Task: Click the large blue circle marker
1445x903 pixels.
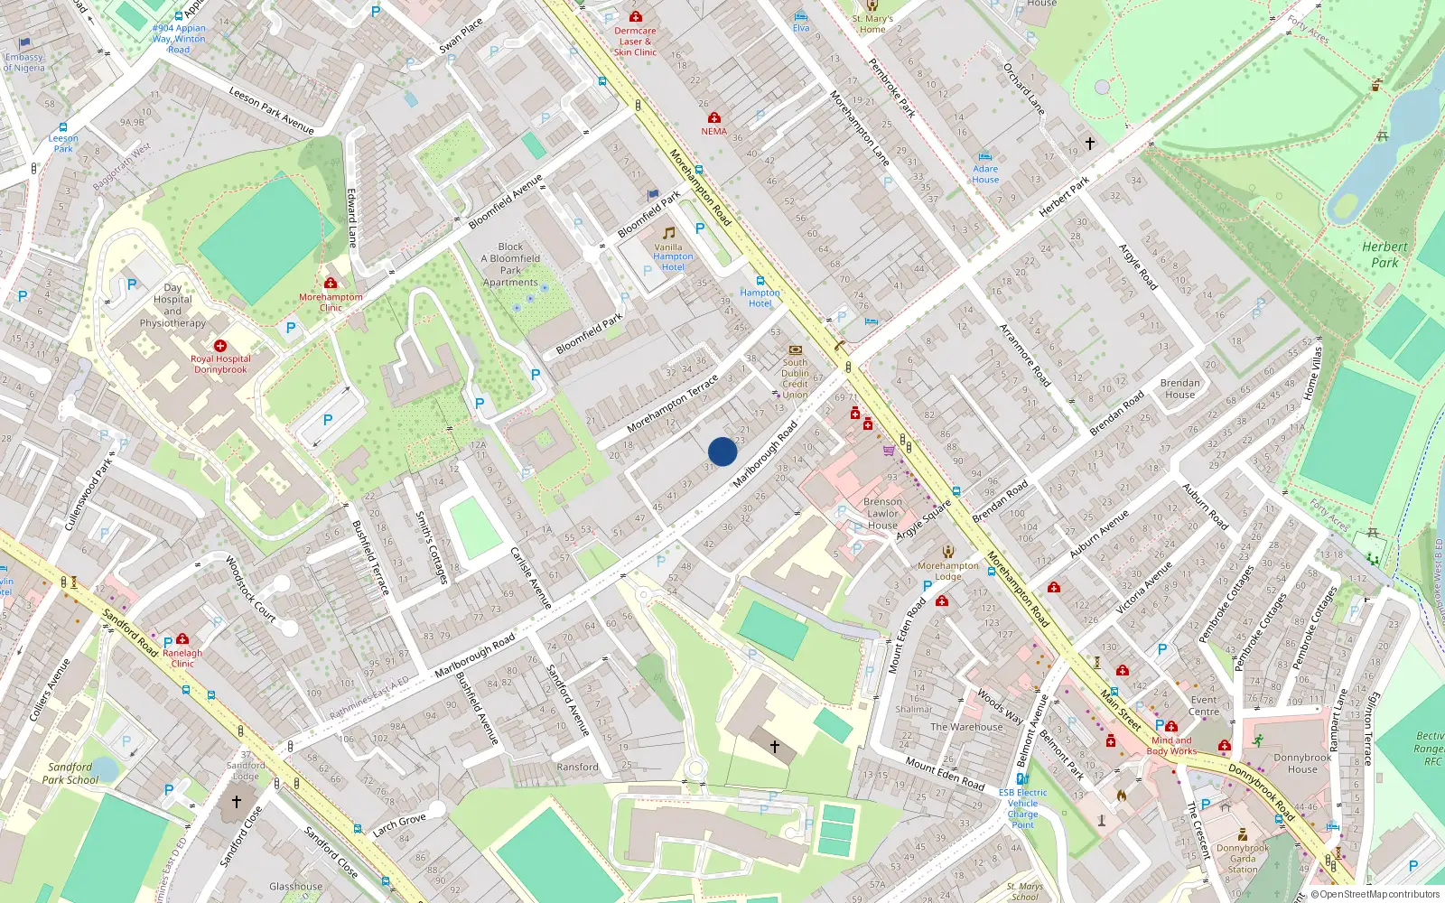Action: [x=722, y=451]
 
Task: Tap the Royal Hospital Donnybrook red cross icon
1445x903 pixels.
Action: [x=220, y=346]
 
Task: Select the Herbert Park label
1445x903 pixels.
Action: [x=1384, y=255]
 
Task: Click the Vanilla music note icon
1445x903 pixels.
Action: [x=669, y=233]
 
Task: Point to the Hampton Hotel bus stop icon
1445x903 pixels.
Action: [x=760, y=281]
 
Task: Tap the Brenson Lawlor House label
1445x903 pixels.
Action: [x=882, y=513]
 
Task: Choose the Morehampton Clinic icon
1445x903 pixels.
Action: [x=331, y=284]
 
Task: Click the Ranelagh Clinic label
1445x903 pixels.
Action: [x=182, y=658]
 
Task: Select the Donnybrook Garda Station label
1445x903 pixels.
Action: [x=1243, y=859]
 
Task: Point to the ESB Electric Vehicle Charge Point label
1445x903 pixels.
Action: [x=1022, y=808]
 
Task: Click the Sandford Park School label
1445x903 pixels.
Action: [x=70, y=773]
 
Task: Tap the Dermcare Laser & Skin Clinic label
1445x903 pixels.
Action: [x=635, y=42]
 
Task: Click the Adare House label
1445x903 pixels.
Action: [x=985, y=174]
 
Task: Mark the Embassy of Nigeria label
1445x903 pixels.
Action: [x=24, y=62]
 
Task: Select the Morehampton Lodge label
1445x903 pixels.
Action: [x=947, y=571]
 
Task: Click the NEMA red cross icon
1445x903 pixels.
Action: [x=714, y=117]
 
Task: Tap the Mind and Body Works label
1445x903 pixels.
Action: [x=1171, y=746]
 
